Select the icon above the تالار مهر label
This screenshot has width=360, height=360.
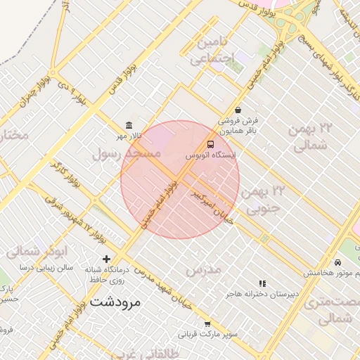(x=129, y=125)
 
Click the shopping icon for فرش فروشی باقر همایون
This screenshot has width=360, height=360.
(x=238, y=110)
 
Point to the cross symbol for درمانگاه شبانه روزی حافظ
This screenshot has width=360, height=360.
(x=107, y=259)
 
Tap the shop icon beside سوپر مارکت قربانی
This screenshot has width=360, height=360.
(x=207, y=324)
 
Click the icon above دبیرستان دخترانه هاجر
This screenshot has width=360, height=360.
(x=262, y=283)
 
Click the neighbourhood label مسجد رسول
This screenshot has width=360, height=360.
(x=127, y=153)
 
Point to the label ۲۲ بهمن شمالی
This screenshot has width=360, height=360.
(x=309, y=136)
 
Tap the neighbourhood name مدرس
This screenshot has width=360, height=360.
(x=204, y=269)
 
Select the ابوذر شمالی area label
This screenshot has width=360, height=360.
(x=41, y=250)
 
